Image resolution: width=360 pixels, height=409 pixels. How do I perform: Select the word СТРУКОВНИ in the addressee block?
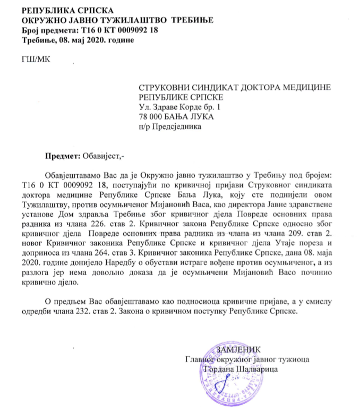(167, 88)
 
